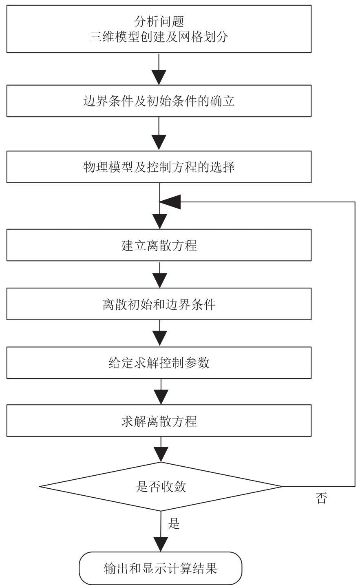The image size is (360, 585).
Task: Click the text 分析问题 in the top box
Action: [159, 21]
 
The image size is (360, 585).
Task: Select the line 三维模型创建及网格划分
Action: [159, 37]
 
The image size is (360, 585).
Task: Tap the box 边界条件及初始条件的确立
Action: [159, 101]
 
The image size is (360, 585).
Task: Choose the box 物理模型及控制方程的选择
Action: [159, 166]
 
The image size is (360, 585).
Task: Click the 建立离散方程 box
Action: [159, 245]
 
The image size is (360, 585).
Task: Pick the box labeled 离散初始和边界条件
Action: [159, 304]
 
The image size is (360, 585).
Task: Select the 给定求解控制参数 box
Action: [159, 363]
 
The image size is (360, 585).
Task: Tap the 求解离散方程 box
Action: [159, 421]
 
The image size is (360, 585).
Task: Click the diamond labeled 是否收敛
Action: [161, 487]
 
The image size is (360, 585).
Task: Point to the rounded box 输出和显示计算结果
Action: [161, 568]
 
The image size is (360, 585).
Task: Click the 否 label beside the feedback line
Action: [321, 498]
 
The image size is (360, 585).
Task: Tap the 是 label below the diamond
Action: [174, 523]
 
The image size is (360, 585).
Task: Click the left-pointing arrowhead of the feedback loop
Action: [170, 202]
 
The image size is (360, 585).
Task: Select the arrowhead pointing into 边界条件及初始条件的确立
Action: [159, 78]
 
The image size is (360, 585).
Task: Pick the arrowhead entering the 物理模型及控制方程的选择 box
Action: [159, 143]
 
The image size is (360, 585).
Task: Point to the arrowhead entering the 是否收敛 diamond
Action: [161, 454]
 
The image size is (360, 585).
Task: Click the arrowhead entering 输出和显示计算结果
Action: [161, 545]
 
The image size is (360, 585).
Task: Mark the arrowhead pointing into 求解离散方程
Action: [161, 397]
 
